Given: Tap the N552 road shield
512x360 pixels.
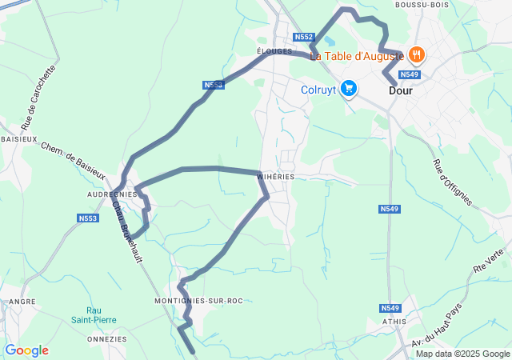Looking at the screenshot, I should tap(304, 38).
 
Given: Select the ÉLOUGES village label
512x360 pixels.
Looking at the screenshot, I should tap(274, 50).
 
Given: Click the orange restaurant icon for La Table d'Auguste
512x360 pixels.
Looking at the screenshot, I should tap(416, 55).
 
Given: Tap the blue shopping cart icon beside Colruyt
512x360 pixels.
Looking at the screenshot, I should tap(348, 89).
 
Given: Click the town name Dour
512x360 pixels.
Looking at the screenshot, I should tap(402, 91).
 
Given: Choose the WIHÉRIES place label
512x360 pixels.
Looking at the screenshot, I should tap(276, 176).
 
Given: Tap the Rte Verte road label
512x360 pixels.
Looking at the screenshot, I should tap(489, 262).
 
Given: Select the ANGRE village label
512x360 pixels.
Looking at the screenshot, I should tap(22, 302).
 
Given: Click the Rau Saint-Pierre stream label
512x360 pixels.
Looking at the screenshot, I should tap(102, 315).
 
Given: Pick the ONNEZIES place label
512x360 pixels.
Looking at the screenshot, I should tap(108, 338).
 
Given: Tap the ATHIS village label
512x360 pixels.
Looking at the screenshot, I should tap(394, 322).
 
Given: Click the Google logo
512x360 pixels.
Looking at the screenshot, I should tap(26, 350).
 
